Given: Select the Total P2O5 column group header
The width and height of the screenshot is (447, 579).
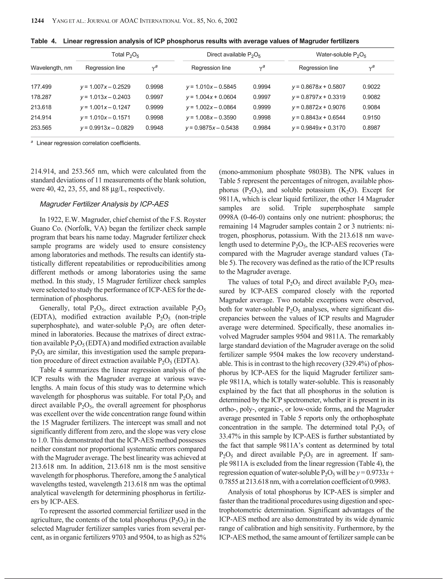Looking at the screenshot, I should tap(125, 55).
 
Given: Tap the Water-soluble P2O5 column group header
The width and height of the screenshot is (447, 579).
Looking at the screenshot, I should tap(341, 55).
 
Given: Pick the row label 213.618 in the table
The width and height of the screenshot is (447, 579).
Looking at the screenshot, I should tap(41, 107).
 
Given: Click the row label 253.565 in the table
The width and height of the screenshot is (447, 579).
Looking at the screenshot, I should tap(41, 128).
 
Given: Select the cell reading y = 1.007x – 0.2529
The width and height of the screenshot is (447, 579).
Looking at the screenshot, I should tap(105, 87).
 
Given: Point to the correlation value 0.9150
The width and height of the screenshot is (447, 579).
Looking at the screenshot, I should tap(371, 118).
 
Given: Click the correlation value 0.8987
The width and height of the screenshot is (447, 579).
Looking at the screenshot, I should tap(371, 128).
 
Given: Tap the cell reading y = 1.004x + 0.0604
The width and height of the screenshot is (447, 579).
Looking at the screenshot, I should tap(211, 97).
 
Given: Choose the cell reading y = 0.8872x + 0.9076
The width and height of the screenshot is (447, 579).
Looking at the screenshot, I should tap(319, 107).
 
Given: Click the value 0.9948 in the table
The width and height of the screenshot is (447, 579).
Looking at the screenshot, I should tap(154, 128).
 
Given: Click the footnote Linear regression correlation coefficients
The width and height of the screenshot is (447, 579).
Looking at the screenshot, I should tap(88, 143).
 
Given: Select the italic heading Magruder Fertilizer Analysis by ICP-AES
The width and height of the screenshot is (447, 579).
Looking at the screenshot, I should tap(104, 204).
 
